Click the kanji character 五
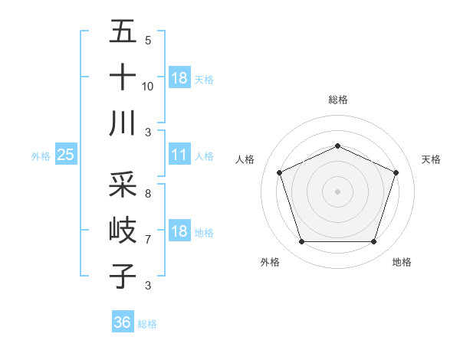(123, 32)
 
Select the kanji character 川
(123, 123)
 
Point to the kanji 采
(123, 185)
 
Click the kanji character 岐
(123, 230)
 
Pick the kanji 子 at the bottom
(123, 275)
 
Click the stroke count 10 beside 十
(148, 87)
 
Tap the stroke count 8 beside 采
(148, 194)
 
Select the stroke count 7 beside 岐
(148, 239)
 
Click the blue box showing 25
(65, 155)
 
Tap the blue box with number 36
(122, 322)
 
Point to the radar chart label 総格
(337, 100)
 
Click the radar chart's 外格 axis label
(270, 262)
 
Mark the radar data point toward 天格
(396, 172)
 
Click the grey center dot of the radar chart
(337, 191)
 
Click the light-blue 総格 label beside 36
(147, 324)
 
